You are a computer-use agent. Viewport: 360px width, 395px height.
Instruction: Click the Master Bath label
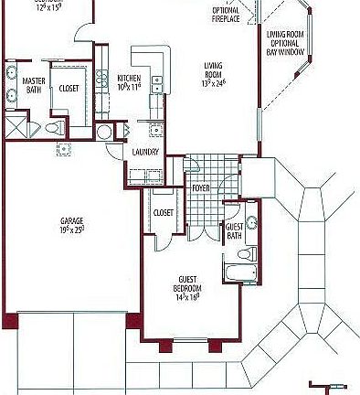33,85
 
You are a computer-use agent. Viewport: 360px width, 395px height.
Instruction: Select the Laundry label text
145,152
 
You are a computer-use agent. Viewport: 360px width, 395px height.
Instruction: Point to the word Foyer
201,188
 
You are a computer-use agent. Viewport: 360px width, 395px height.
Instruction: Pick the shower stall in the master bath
16,126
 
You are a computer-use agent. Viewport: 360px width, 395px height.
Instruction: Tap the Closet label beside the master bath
69,89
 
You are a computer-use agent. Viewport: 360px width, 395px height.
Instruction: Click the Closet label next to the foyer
164,212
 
